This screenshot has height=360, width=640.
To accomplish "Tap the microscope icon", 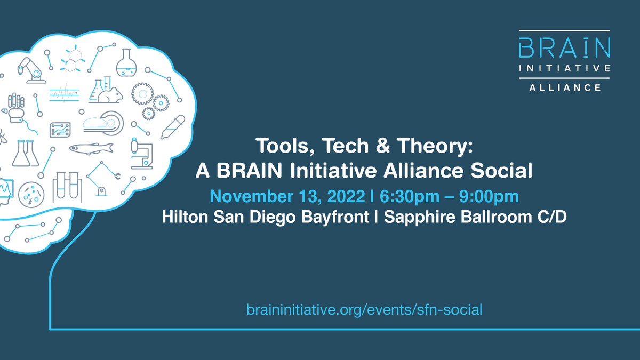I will click(x=142, y=153).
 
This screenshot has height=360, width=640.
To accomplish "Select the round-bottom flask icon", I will click(x=126, y=62).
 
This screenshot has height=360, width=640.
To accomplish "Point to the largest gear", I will click(x=142, y=94).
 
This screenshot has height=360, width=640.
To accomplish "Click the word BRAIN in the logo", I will click(x=564, y=49).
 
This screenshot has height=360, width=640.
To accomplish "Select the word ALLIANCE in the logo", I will click(x=564, y=87).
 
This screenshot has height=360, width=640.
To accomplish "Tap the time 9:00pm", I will click(x=485, y=196).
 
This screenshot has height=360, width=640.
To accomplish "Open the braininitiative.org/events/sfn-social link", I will click(x=364, y=309).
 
